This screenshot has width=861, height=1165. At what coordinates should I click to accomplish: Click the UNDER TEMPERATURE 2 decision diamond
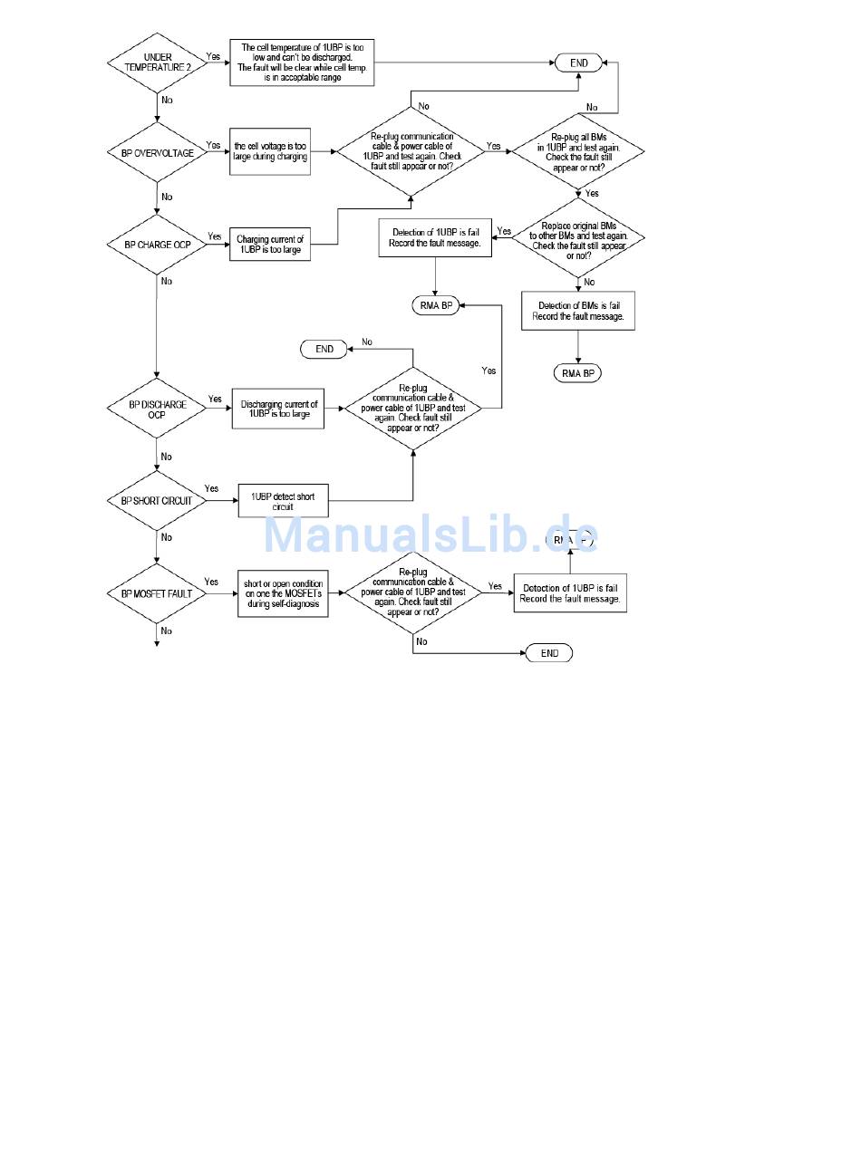tap(158, 63)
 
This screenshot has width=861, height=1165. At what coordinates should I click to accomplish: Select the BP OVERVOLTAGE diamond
tap(158, 153)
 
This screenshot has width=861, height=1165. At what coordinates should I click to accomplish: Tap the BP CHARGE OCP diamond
tap(158, 245)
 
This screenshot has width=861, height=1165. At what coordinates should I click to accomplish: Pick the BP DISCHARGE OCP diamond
tap(156, 409)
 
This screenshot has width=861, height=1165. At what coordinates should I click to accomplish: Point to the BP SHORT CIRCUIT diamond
tap(157, 500)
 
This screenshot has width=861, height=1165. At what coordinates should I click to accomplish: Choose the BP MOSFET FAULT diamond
tap(157, 594)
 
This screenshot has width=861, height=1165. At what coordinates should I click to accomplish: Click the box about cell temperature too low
tap(302, 63)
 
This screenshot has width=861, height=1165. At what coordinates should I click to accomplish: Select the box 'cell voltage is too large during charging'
tap(270, 151)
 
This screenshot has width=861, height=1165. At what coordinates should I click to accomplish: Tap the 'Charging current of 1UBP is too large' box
tap(269, 245)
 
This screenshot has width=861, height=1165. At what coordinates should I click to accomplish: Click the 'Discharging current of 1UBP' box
tap(278, 409)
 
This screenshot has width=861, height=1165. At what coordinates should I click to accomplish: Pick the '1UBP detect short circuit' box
tap(283, 501)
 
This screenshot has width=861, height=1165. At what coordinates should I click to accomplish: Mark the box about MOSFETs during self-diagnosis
tap(283, 594)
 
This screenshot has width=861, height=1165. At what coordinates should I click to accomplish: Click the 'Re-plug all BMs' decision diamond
tap(577, 151)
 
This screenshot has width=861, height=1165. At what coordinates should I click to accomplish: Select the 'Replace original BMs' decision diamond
tap(577, 240)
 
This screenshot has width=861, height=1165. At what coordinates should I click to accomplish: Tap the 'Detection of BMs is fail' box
tap(577, 310)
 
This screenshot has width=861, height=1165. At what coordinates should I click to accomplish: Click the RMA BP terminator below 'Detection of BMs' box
tap(577, 372)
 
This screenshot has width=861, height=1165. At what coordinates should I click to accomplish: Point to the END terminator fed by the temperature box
tap(578, 63)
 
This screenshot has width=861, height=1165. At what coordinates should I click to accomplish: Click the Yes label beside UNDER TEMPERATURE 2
tap(213, 56)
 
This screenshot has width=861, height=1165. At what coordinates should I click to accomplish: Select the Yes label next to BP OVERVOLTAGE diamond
tap(213, 145)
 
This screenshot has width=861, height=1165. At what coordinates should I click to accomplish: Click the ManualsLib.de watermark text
tap(430, 534)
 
